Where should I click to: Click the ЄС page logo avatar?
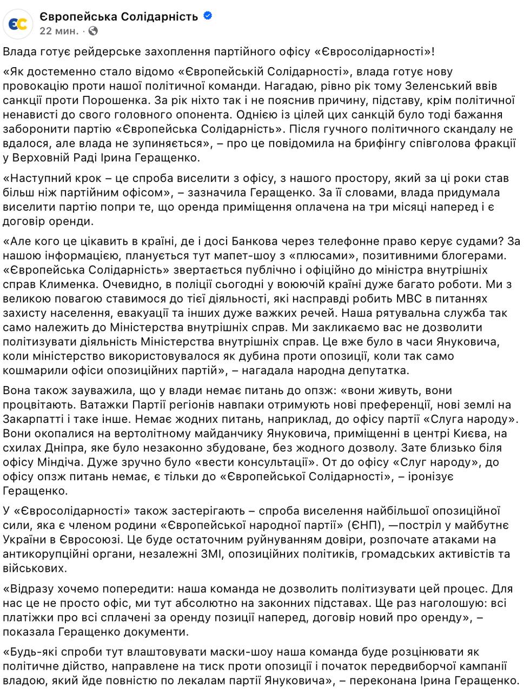(16, 23)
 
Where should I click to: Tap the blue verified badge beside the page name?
(208, 16)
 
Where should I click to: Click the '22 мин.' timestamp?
(59, 31)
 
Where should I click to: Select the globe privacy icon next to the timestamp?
(93, 31)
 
